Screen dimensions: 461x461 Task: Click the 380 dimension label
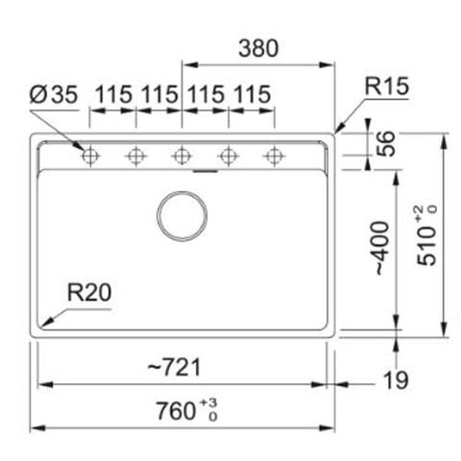(x=258, y=49)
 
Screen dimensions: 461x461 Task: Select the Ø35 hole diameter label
(x=54, y=94)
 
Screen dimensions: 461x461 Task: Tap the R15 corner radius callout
(x=387, y=86)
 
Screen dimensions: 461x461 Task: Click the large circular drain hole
(x=182, y=215)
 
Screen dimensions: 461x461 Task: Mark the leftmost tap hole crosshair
(x=90, y=156)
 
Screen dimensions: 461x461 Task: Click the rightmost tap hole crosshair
(x=275, y=156)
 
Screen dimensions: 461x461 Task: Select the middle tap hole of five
(x=182, y=156)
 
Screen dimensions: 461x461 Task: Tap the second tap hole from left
(x=136, y=156)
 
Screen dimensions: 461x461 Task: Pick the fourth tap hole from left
(x=229, y=156)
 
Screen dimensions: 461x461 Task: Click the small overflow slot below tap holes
(x=204, y=173)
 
